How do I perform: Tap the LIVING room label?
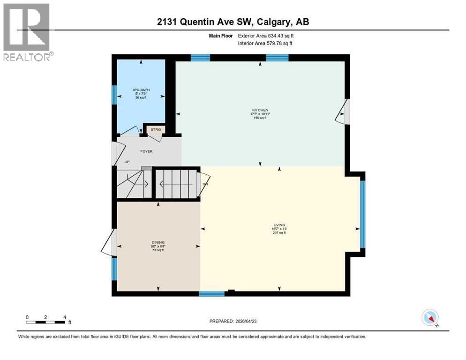click(x=279, y=225)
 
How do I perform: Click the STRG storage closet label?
click(x=155, y=129)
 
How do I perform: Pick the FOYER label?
click(x=146, y=151)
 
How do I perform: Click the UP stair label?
click(x=127, y=162)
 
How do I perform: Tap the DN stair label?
click(x=205, y=184)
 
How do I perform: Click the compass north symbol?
click(x=430, y=318)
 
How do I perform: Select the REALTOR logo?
click(x=27, y=32)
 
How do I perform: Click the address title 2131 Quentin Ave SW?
click(x=233, y=22)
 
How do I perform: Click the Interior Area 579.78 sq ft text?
click(x=265, y=44)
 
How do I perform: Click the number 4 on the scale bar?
click(x=64, y=317)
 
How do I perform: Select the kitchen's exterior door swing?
click(x=343, y=112)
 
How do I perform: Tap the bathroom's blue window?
click(x=113, y=94)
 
